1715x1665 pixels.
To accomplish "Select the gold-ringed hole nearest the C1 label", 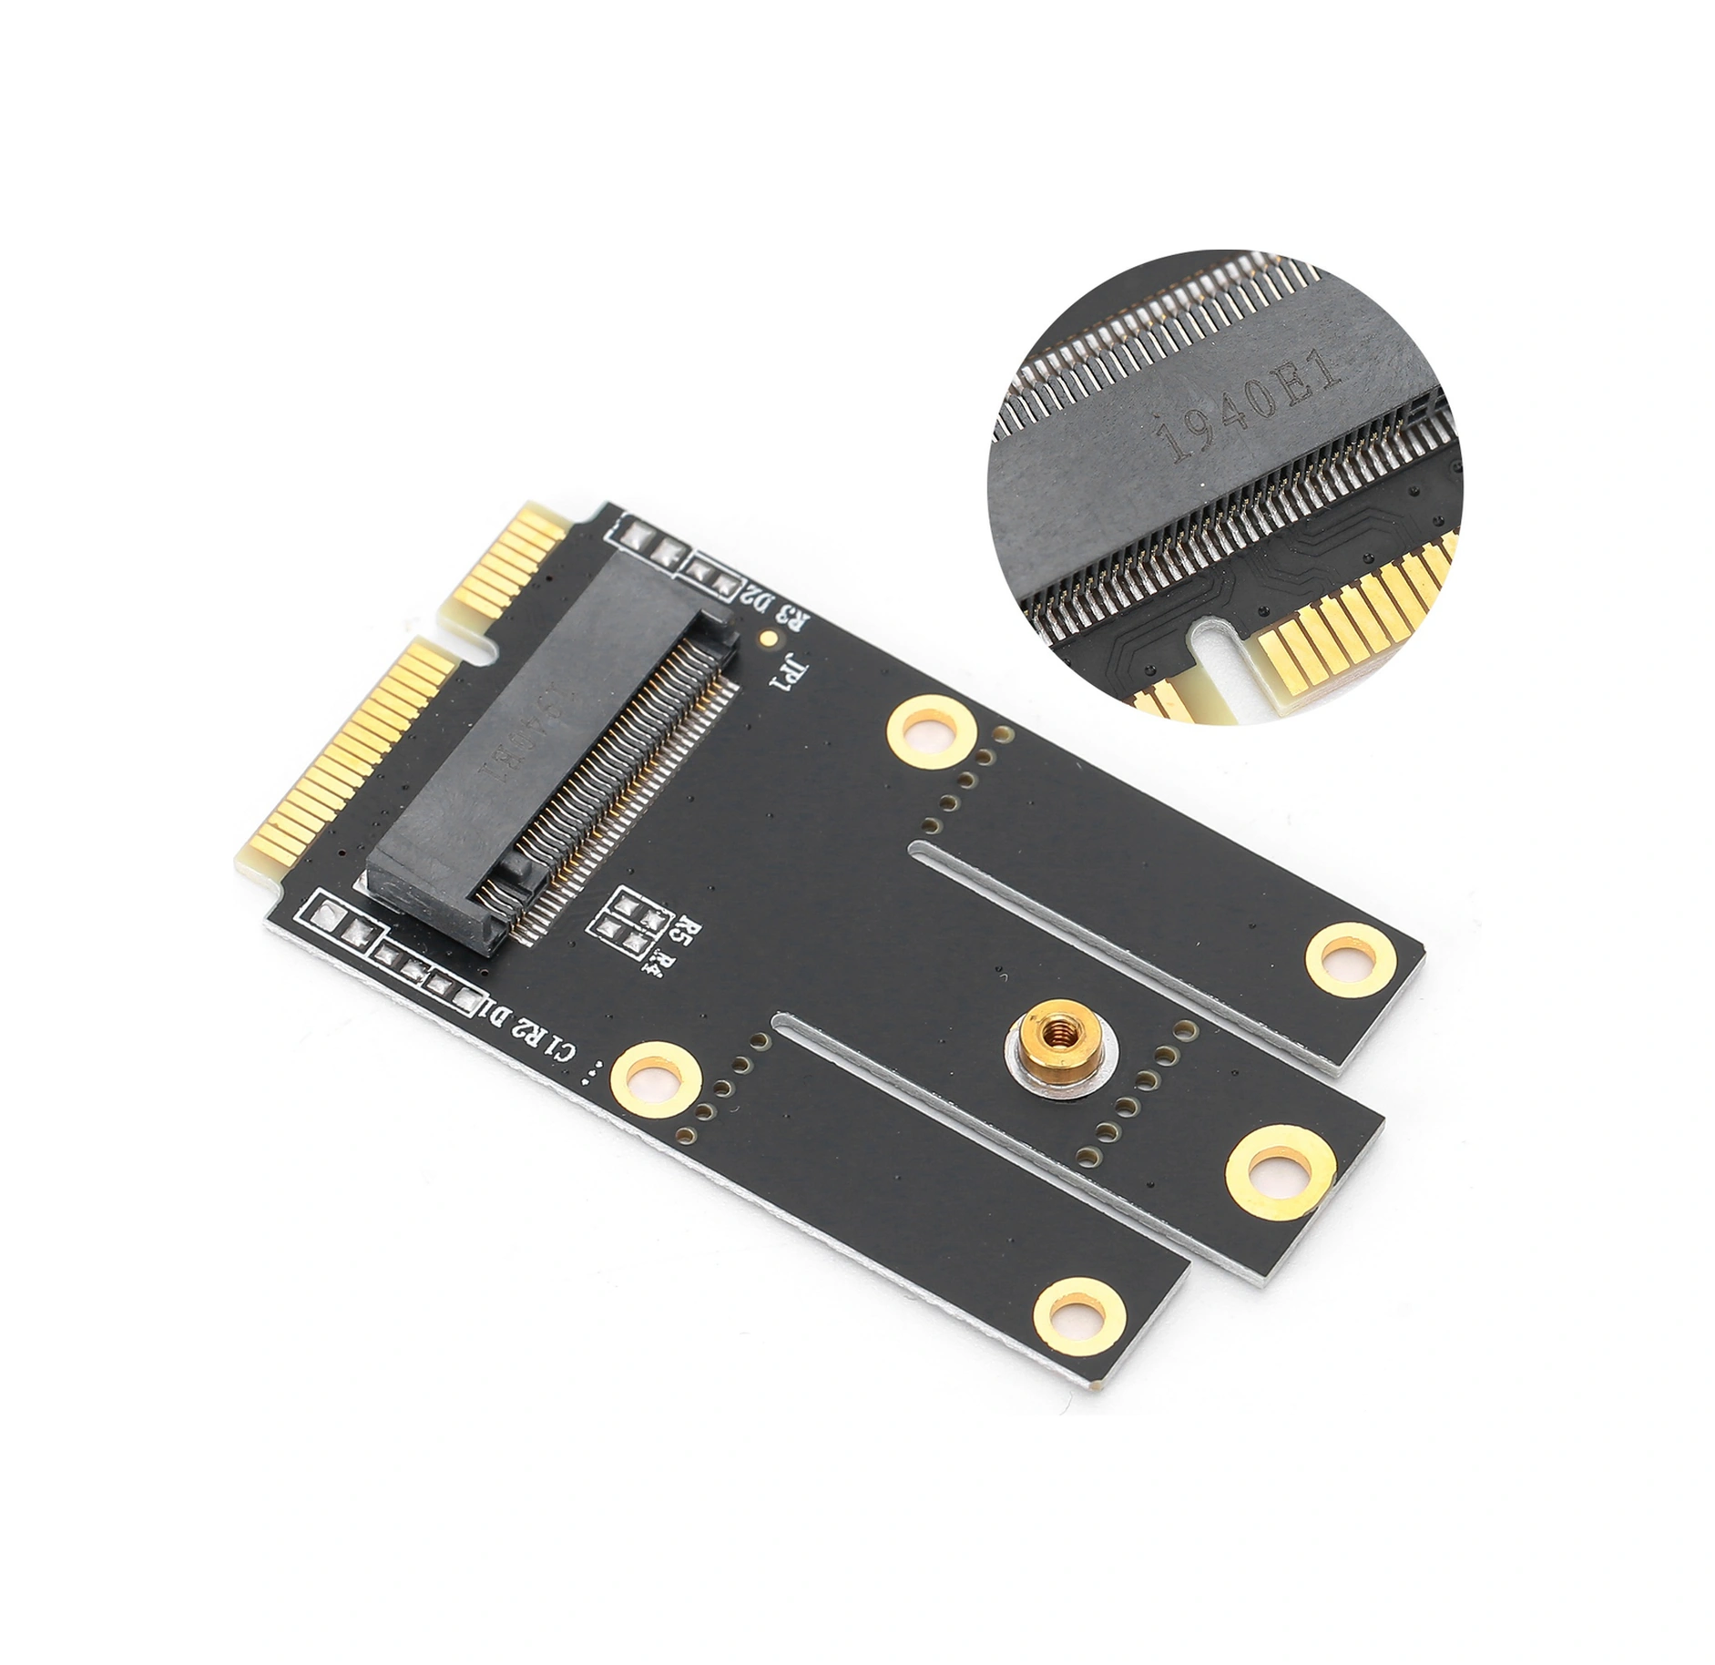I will pyautogui.click(x=656, y=1080).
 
